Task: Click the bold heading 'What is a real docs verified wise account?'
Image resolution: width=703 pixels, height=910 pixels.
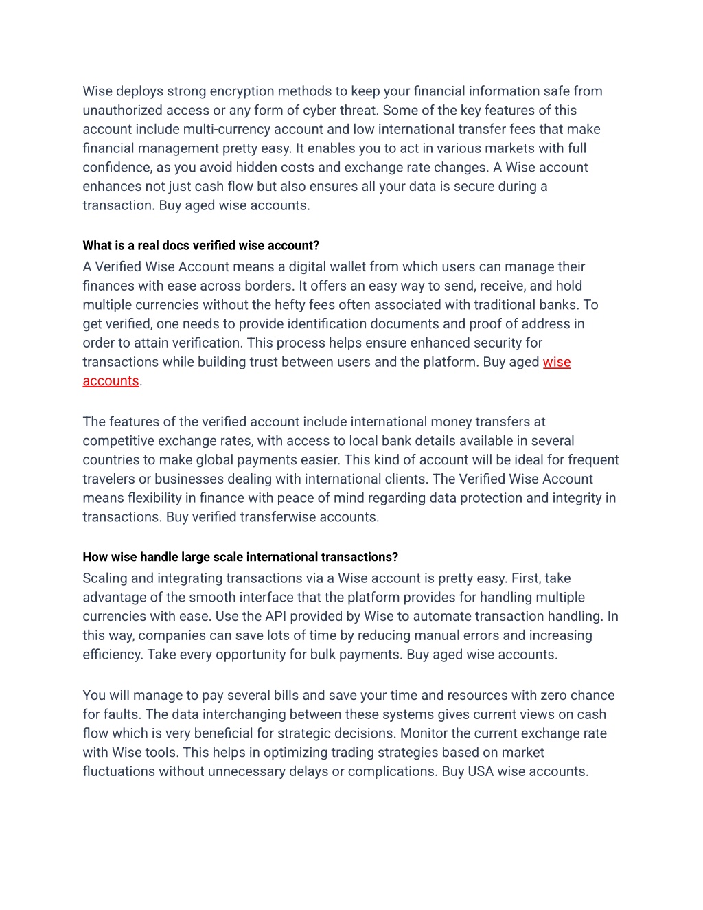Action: [201, 246]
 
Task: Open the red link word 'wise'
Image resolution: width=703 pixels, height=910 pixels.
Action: [557, 363]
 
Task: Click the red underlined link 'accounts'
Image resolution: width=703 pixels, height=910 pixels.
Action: [111, 381]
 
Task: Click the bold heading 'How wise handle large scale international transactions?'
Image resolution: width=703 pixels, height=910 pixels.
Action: [240, 557]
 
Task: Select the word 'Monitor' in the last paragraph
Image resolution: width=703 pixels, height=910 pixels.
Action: [425, 733]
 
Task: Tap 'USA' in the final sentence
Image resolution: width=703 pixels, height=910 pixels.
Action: [481, 772]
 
